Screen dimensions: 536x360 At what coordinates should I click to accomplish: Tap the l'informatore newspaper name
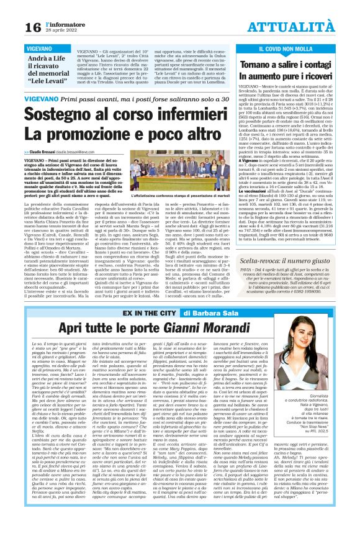pyautogui.click(x=60, y=23)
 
